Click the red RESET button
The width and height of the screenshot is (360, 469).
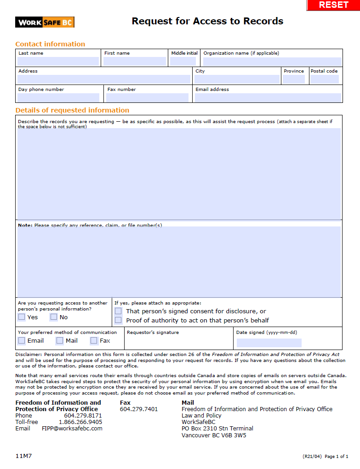coord(333,5)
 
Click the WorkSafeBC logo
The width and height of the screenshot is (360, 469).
coord(45,22)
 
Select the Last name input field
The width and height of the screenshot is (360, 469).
coord(58,61)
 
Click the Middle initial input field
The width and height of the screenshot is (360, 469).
coord(183,61)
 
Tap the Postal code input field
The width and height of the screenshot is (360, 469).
coord(324,79)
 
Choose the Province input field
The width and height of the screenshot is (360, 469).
coord(294,79)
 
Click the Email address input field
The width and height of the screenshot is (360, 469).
coord(268,97)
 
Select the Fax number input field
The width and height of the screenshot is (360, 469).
coord(147,97)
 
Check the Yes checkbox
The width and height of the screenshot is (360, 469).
coord(22,317)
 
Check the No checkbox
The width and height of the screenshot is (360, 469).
coord(54,317)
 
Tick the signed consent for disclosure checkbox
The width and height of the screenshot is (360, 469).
coord(118,311)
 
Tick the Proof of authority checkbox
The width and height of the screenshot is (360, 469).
coord(118,320)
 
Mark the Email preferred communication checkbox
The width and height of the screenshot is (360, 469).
coord(22,340)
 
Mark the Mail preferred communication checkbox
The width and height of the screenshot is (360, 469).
coord(60,340)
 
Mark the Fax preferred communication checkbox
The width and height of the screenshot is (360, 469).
coord(94,340)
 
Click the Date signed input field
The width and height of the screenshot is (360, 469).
coord(269,343)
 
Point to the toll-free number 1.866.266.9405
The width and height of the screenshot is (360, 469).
coord(80,422)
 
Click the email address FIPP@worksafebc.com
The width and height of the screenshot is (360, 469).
coord(72,429)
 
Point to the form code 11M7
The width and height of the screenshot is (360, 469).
coord(23,456)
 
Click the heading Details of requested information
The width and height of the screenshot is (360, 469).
coord(72,110)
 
